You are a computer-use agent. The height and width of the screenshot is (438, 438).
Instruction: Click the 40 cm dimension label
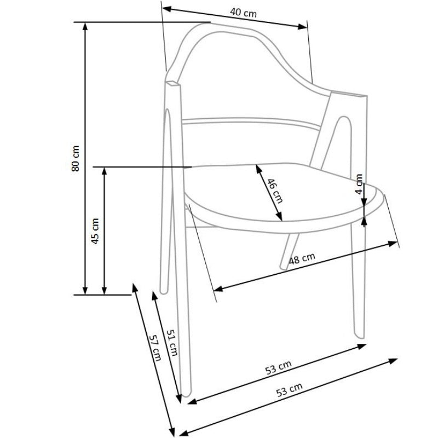pos(243,13)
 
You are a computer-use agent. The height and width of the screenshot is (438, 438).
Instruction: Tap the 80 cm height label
pos(76,158)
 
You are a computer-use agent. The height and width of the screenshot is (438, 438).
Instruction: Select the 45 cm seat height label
pos(95,231)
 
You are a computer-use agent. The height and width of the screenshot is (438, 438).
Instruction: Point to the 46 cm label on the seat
pos(275,191)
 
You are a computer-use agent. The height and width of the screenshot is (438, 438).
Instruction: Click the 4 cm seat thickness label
pos(359,184)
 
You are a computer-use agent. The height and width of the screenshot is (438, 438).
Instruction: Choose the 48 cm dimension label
pos(302,258)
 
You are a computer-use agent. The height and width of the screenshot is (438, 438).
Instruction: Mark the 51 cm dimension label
pos(172,343)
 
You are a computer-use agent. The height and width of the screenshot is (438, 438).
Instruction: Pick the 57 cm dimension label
pos(155,348)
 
